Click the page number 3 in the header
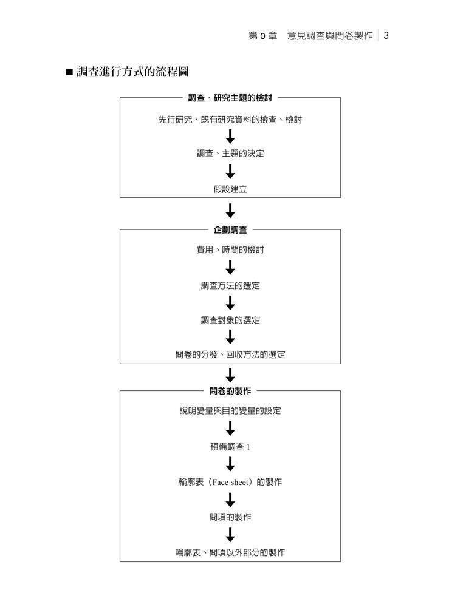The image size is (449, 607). point(386,36)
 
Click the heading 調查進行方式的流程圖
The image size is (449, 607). point(132,72)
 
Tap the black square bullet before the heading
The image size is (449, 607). point(69,73)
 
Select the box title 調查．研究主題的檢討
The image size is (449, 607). point(230,98)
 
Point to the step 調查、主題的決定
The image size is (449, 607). point(230,154)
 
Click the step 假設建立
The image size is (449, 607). point(230,189)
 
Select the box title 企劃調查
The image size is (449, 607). point(230,230)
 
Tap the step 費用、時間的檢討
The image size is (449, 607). point(230,249)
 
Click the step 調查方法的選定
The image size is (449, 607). point(230,285)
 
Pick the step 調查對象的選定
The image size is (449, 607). point(230,320)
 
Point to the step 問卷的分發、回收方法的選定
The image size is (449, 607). point(230,355)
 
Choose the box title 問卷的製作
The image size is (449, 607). point(230,391)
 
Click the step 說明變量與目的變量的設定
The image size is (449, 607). point(230,411)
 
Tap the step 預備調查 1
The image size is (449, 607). point(230,447)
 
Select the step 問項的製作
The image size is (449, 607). point(230,517)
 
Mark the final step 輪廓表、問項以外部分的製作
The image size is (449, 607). point(230,552)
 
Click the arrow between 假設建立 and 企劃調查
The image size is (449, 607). point(230,211)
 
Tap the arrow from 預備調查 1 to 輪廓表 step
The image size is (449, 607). point(230,464)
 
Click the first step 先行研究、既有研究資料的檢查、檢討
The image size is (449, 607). point(230,120)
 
